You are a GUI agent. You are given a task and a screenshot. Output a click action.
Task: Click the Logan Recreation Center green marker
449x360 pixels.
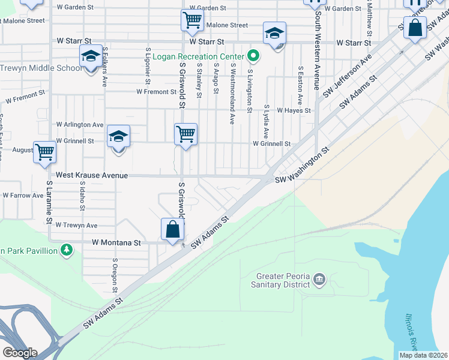tap(253, 57)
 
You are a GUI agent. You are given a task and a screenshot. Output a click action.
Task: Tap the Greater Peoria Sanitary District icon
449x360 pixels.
tap(319, 278)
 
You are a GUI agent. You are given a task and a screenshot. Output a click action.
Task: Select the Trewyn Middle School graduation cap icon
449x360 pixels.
tap(91, 57)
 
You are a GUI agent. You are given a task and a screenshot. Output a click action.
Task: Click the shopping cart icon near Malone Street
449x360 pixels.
tap(191, 20)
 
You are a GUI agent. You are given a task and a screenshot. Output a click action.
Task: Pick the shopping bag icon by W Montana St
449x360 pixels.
tap(172, 229)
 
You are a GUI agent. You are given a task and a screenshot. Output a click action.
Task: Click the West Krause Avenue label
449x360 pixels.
tap(92, 175)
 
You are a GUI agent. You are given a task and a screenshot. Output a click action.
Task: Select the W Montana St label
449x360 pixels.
tap(116, 243)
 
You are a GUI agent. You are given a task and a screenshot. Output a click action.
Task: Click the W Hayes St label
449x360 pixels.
tap(294, 111)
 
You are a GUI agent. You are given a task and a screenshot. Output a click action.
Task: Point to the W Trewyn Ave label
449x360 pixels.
tap(76, 226)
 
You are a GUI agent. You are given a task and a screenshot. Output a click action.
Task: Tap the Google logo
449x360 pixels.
tap(20, 353)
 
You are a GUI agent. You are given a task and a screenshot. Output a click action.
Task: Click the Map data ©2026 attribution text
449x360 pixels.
tap(423, 355)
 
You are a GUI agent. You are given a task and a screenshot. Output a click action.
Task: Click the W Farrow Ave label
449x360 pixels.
tap(23, 196)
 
